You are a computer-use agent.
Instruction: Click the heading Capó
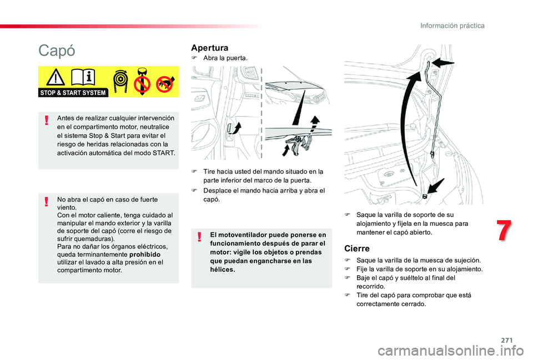[x=57, y=50]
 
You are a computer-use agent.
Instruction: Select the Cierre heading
[x=357, y=249]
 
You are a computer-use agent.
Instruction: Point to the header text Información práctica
[x=452, y=26]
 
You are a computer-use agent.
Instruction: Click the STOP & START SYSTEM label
[x=73, y=93]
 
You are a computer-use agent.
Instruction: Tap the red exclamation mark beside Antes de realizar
[x=48, y=120]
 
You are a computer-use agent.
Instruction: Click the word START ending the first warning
[x=163, y=153]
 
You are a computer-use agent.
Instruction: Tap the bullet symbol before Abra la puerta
[x=195, y=58]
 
